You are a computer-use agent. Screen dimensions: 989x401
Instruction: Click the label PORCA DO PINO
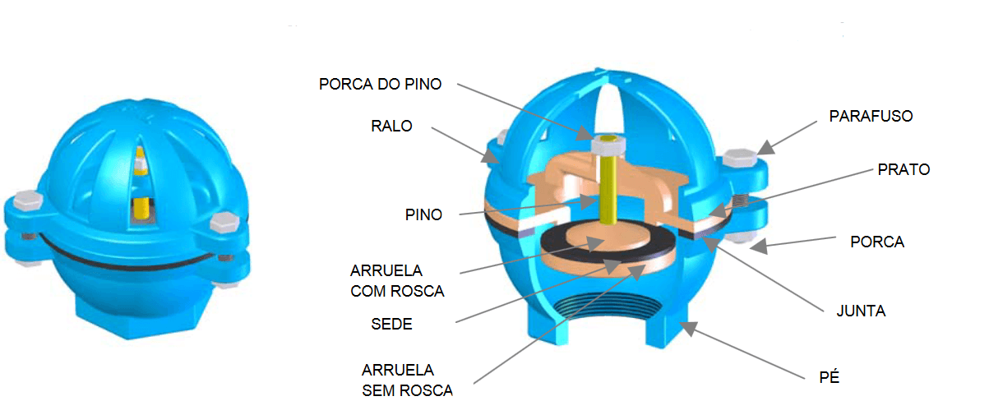coord(380,85)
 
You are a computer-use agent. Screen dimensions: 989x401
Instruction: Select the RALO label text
coord(391,127)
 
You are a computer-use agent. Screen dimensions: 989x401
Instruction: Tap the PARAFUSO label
coord(871,116)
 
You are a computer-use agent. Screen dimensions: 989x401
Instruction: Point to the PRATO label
coord(904,169)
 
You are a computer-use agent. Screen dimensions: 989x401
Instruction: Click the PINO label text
coord(423,214)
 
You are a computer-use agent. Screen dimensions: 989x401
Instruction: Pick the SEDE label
coord(391,325)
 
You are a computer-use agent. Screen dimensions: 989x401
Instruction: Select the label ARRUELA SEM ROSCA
coord(407,380)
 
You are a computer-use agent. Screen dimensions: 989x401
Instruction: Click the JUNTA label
coord(861,311)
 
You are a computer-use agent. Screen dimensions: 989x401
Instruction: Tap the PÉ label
coord(829,377)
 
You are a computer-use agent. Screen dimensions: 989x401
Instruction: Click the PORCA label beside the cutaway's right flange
coord(877,242)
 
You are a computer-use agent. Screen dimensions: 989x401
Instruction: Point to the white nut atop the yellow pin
coord(609,145)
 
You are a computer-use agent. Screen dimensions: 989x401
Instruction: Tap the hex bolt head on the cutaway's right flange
coord(741,158)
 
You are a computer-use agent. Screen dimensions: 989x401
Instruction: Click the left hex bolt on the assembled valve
coord(27,200)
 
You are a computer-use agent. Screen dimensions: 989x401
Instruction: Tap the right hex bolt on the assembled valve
coord(224,222)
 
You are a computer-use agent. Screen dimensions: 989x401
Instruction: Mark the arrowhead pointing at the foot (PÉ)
coord(688,328)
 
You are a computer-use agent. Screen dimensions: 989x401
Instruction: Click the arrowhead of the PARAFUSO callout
coord(766,148)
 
